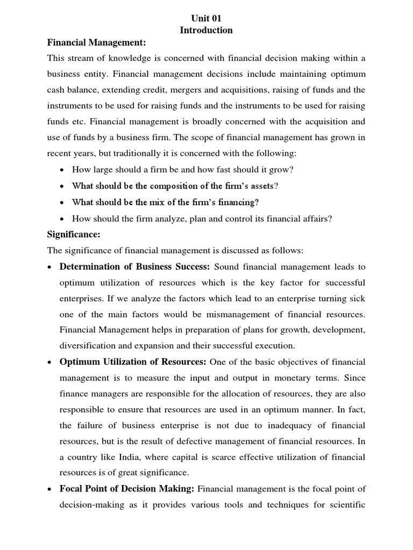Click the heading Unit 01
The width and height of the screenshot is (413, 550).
[x=206, y=18]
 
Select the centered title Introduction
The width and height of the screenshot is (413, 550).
[x=206, y=30]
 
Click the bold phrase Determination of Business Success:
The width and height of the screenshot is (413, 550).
[x=134, y=267]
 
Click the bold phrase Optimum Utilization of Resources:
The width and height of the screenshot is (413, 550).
[x=133, y=363]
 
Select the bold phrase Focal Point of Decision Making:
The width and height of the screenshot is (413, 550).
[x=127, y=489]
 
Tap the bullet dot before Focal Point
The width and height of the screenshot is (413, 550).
[x=49, y=490]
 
